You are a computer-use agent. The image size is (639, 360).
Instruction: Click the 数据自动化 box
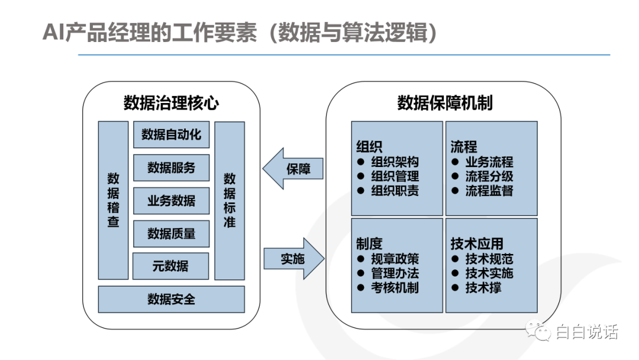(x=171, y=135)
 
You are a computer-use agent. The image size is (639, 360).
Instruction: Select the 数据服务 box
(x=171, y=168)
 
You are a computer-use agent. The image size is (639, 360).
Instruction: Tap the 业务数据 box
(x=171, y=201)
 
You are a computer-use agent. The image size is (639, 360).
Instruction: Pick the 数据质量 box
(x=171, y=234)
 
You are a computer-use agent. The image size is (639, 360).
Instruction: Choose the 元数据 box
(x=170, y=266)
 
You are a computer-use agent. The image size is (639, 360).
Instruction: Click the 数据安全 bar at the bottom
(x=171, y=299)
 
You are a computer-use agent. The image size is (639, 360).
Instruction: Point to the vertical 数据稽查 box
(x=113, y=200)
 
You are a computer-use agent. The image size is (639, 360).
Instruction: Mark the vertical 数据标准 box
(x=230, y=200)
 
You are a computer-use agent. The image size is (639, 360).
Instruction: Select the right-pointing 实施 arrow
(x=294, y=259)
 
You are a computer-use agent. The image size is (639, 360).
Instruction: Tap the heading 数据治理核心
(x=171, y=103)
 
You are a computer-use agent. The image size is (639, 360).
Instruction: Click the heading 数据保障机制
(x=444, y=103)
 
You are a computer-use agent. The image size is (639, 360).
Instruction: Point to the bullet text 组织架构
(x=395, y=162)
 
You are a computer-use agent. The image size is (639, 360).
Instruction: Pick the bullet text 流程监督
(x=489, y=191)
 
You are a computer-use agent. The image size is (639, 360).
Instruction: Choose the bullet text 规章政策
(x=395, y=259)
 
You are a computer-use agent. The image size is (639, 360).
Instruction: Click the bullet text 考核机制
(x=395, y=288)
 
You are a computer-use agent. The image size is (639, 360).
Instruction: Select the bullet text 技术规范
(x=489, y=259)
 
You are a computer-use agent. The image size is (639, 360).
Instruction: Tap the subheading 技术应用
(x=477, y=243)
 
